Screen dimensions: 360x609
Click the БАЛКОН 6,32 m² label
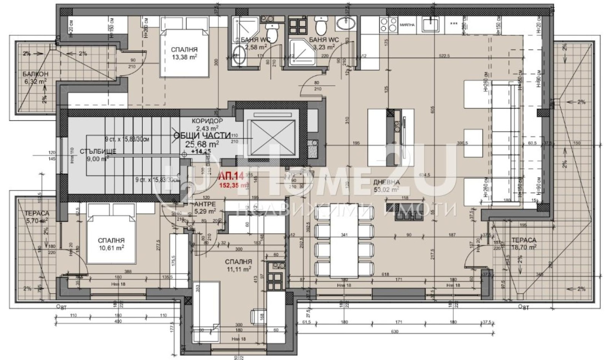click(35, 77)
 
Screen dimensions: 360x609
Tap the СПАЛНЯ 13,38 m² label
click(184, 53)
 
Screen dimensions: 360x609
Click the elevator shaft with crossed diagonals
click(271, 135)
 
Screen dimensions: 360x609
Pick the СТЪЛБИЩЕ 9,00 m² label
click(92, 155)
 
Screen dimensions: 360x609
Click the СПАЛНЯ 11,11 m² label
click(238, 265)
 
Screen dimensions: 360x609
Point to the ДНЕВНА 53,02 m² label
click(386, 185)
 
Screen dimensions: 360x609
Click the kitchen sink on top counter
click(433, 24)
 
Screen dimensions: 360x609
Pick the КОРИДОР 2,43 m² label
click(207, 124)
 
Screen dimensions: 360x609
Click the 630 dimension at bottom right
click(394, 331)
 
